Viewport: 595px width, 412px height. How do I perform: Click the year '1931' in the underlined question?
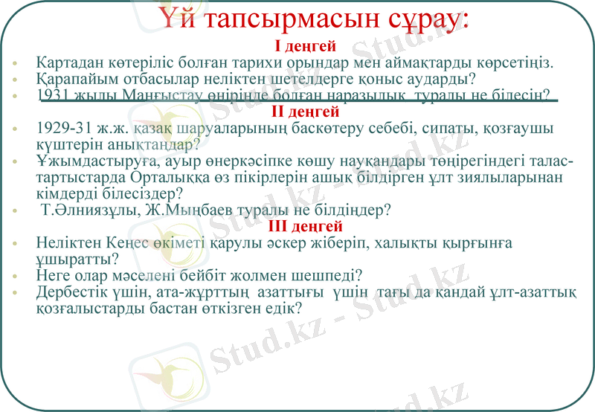tap(53, 95)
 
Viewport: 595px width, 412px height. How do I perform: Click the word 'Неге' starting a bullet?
tap(51, 276)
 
